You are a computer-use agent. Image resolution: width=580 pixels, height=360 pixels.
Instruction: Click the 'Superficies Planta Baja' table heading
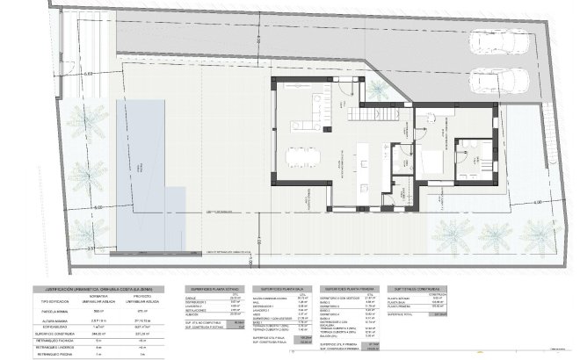(282, 288)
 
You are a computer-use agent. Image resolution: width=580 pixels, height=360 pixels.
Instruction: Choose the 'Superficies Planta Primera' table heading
(352, 288)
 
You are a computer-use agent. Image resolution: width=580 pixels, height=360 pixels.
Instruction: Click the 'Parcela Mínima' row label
(53, 310)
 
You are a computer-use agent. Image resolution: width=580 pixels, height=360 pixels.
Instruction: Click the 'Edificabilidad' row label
(53, 325)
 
